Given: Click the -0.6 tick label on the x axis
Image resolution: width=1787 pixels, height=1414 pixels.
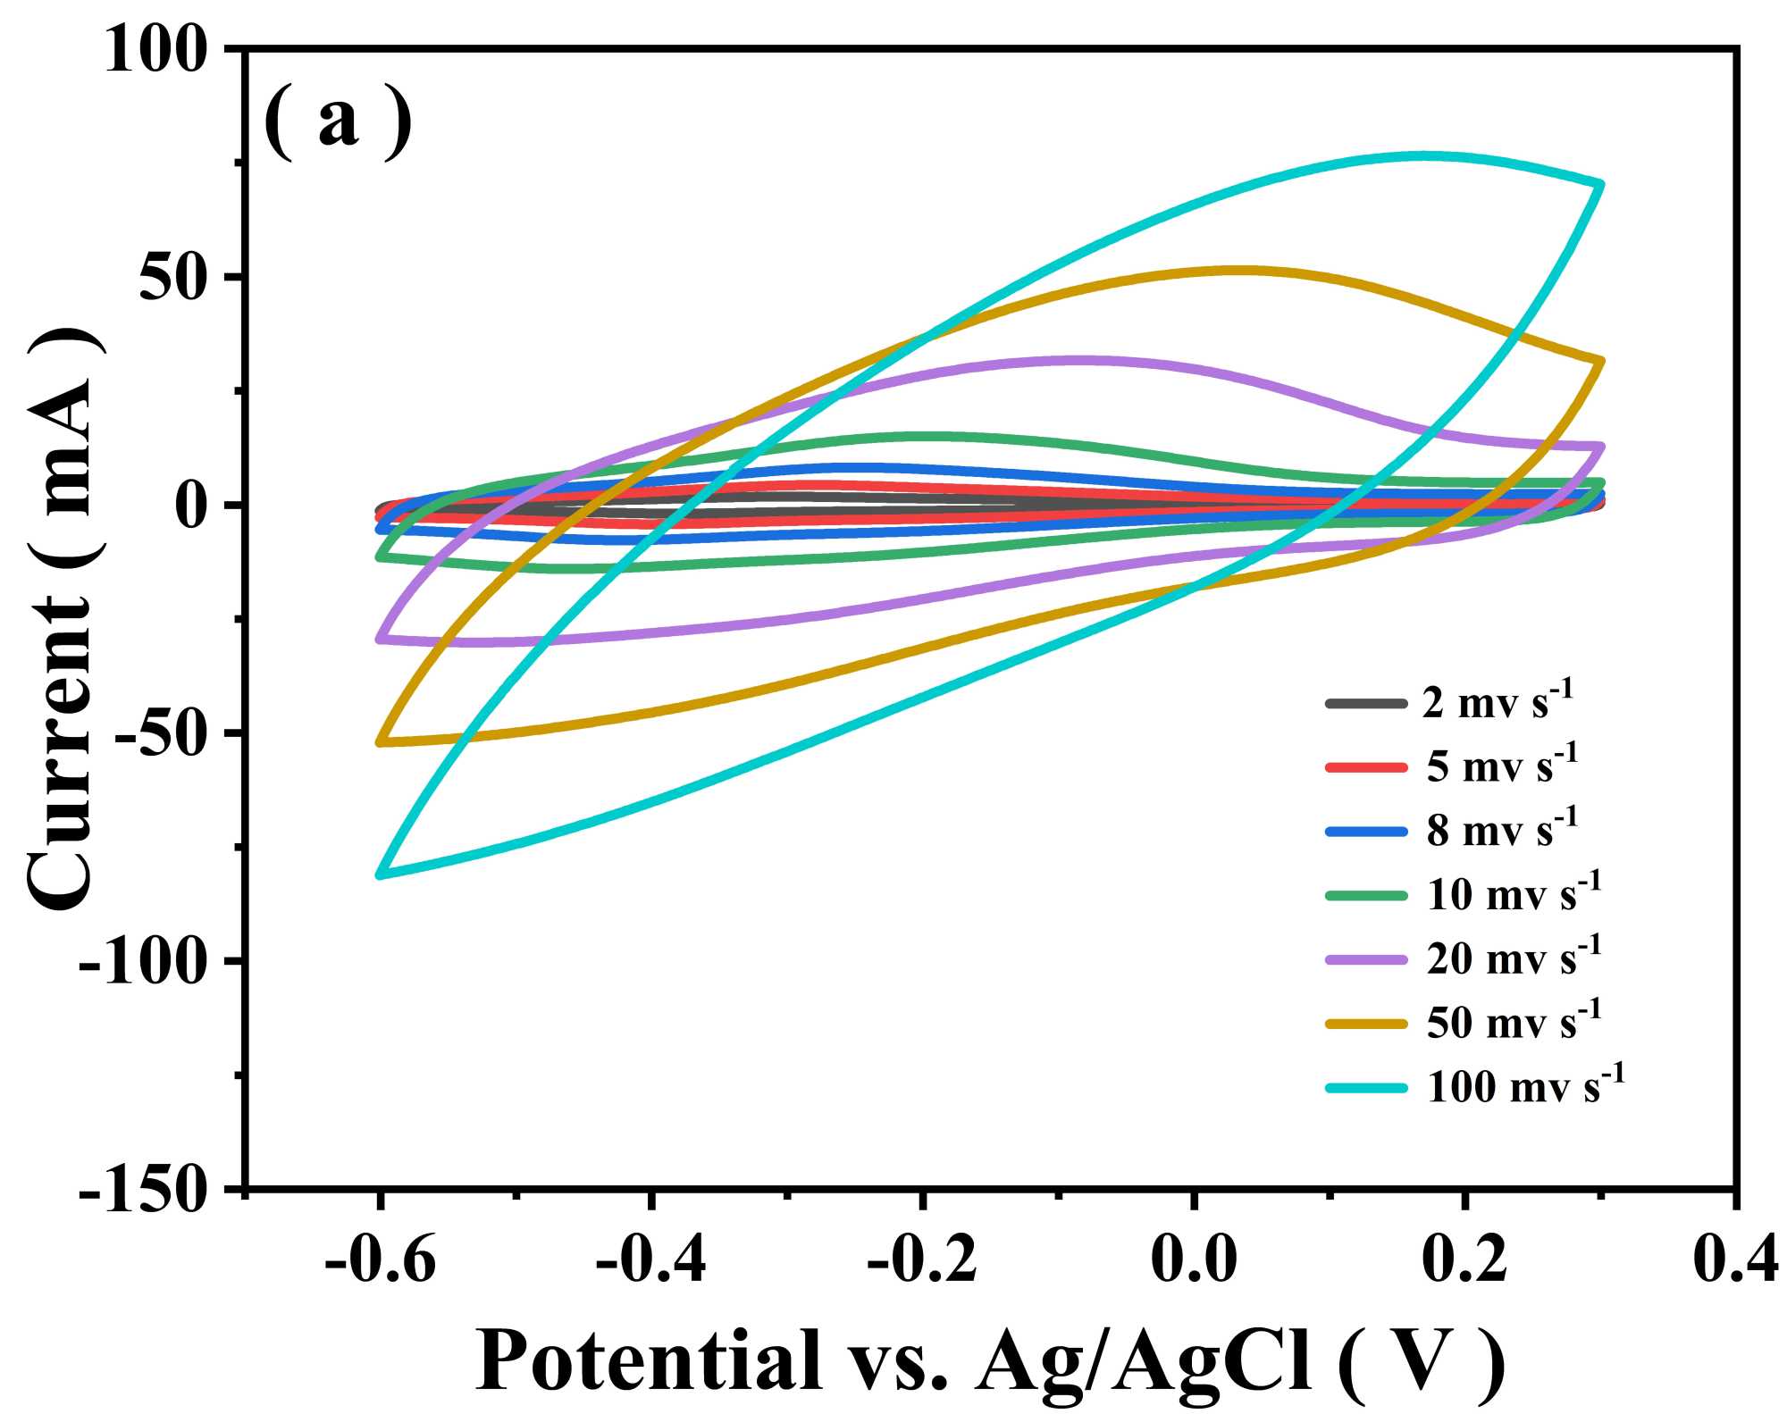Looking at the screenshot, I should click(x=381, y=1260).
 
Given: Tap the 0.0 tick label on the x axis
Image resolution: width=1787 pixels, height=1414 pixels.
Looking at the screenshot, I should click(x=1194, y=1260).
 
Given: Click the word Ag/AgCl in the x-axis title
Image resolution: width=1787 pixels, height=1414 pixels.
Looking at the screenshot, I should click(x=1144, y=1360).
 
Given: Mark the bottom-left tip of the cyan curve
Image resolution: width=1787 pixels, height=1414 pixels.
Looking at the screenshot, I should click(x=380, y=874).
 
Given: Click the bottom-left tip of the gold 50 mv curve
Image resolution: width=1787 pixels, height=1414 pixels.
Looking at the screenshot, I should click(x=380, y=742).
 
